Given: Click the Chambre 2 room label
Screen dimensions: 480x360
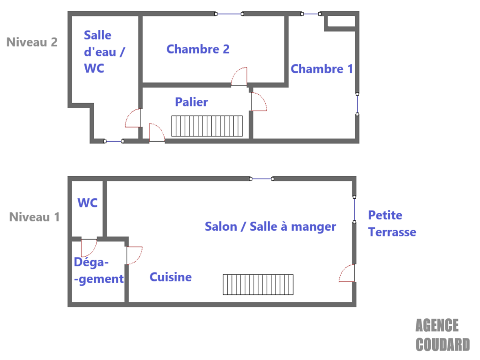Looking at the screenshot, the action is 198,49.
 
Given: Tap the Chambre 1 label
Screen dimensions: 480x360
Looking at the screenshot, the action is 322,69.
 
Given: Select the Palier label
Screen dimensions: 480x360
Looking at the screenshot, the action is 191,102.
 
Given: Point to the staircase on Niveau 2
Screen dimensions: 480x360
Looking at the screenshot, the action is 207,126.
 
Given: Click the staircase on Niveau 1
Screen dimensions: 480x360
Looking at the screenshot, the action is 258,285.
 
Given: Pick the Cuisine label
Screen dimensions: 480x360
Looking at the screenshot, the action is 171,277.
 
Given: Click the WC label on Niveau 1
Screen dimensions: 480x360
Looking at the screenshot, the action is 88,203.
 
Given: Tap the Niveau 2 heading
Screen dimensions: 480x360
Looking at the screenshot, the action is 32,42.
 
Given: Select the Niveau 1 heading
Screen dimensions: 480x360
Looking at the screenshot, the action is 34,217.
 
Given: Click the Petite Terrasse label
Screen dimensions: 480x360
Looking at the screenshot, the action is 392,224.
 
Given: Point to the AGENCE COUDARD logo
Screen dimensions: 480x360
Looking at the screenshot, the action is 442,335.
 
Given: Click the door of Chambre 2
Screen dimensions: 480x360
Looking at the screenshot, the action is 239,76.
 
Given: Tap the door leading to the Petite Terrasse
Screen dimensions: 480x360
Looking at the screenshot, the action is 347,273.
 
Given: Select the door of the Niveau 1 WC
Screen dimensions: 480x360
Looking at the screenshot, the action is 89,247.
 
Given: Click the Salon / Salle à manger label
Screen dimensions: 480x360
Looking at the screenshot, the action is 270,227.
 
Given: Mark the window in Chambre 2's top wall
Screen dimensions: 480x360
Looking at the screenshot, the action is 229,14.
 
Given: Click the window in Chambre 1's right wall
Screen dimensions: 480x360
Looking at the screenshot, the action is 357,104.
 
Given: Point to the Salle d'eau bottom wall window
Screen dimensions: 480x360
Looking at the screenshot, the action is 113,141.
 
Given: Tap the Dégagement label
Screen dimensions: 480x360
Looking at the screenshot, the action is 99,271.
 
